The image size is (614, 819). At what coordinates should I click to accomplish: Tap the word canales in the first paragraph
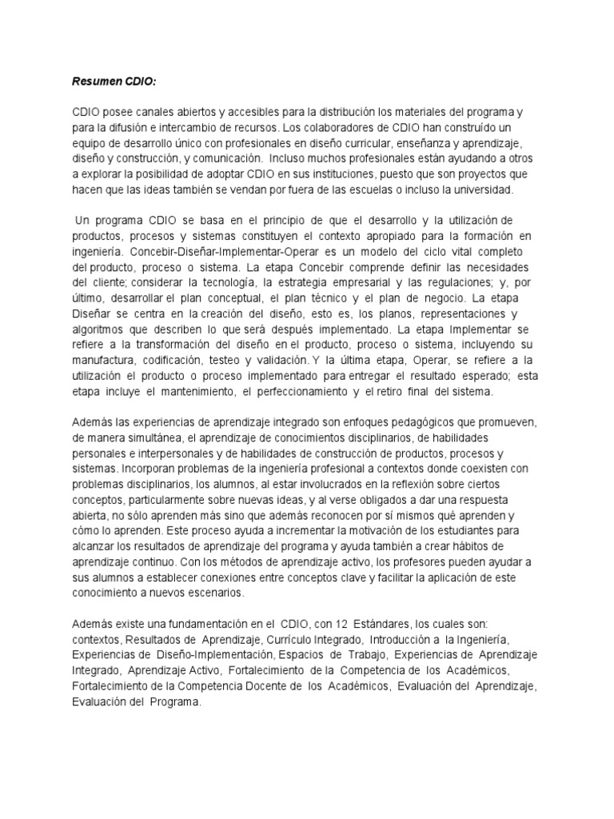150,113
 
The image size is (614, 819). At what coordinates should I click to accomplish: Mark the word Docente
261,687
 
